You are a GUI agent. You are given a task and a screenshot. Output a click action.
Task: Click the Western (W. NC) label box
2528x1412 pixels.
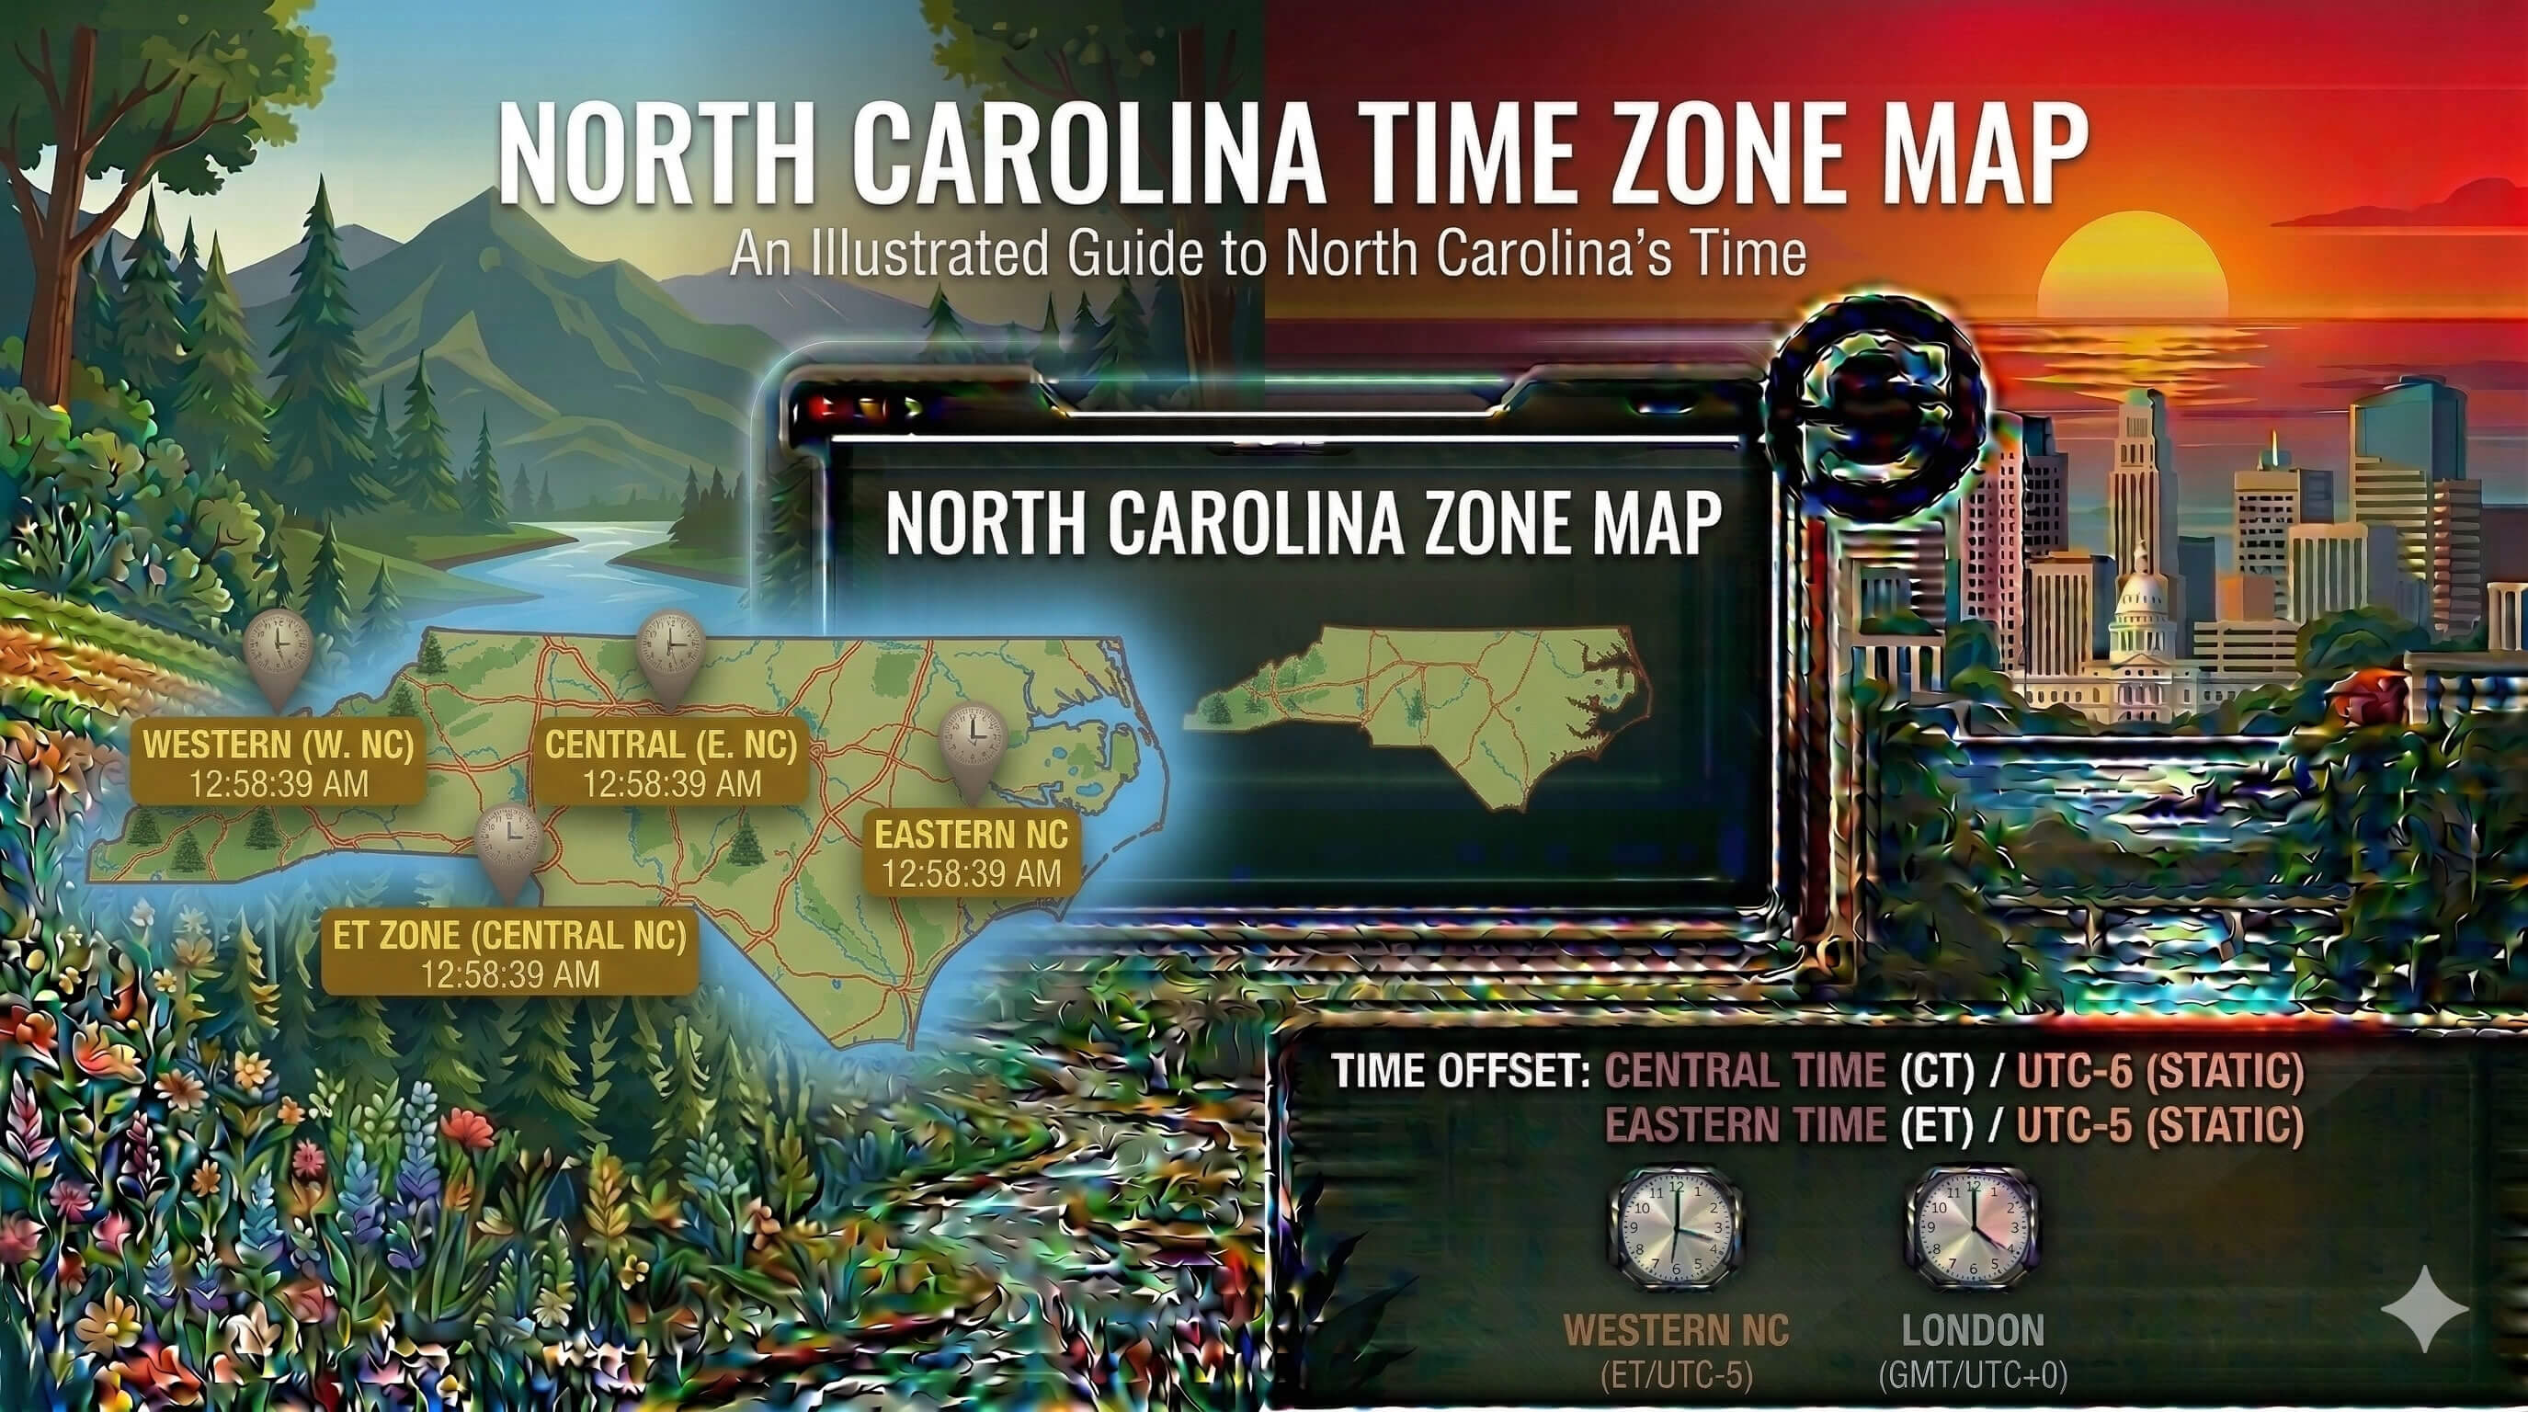[279, 763]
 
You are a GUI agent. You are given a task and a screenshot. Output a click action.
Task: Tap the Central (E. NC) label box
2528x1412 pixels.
[671, 763]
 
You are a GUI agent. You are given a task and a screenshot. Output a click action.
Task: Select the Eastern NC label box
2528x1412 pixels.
[972, 854]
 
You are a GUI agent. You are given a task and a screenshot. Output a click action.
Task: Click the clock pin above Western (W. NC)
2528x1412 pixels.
[278, 650]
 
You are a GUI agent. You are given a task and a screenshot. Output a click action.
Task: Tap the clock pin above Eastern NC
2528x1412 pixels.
[973, 741]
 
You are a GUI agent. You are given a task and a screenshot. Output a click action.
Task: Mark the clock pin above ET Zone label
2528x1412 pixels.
[508, 842]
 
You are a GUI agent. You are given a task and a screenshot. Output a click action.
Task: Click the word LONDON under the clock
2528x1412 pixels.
[1973, 1330]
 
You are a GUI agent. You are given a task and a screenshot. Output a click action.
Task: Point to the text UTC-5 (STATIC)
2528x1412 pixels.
[2159, 1124]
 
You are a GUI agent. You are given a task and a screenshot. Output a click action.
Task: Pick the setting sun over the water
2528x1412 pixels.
[2130, 270]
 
